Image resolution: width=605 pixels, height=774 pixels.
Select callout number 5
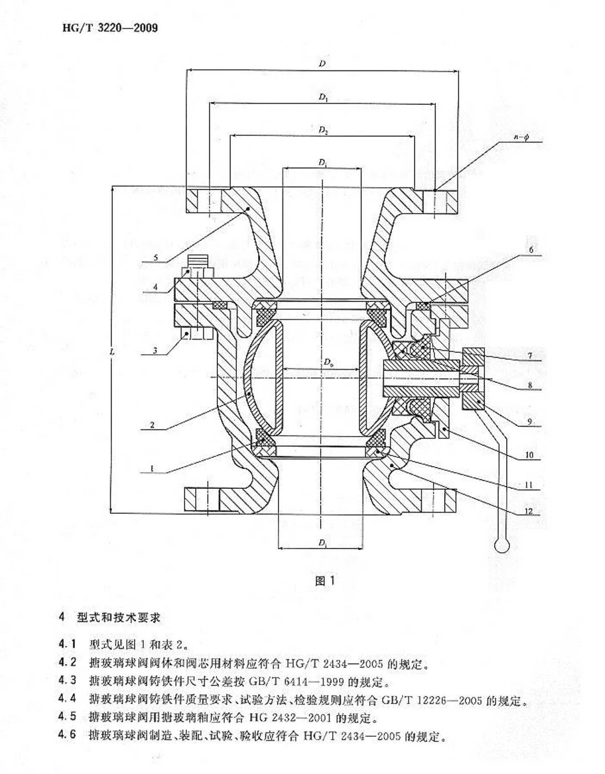156,257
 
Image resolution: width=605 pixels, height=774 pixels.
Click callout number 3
155,350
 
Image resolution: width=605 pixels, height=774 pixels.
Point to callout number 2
152,425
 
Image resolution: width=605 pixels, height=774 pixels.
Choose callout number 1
152,469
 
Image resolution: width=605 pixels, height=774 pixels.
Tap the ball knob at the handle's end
502,545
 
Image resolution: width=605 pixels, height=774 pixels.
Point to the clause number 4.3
67,680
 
